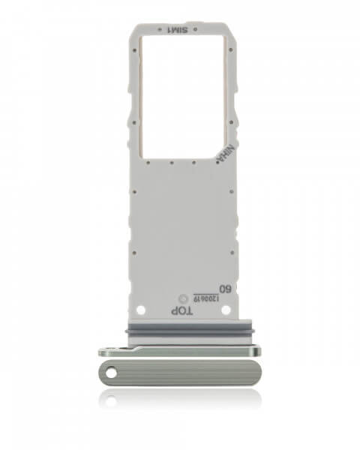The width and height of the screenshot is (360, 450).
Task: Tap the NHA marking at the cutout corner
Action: point(222,154)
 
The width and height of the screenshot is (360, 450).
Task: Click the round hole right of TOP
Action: point(223,308)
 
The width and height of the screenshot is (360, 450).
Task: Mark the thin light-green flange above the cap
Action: point(180,350)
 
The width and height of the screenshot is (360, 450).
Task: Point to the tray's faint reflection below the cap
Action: point(180,401)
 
